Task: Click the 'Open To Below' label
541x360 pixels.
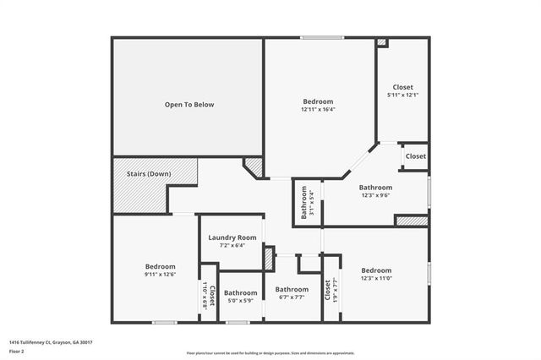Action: pyautogui.click(x=189, y=105)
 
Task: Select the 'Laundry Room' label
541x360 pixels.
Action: pyautogui.click(x=232, y=237)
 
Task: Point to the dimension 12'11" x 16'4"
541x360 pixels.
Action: pyautogui.click(x=319, y=109)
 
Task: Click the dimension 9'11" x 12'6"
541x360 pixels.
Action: pyautogui.click(x=160, y=274)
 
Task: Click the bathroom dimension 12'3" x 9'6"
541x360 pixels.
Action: pyautogui.click(x=375, y=195)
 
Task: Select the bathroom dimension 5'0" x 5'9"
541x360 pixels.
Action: pyautogui.click(x=240, y=301)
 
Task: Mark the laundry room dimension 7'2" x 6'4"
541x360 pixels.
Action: pyautogui.click(x=232, y=246)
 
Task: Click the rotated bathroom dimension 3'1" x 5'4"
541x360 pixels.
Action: pyautogui.click(x=312, y=203)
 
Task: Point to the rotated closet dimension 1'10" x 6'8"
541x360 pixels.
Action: pyautogui.click(x=205, y=297)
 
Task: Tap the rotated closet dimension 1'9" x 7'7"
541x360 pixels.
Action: pyautogui.click(x=336, y=292)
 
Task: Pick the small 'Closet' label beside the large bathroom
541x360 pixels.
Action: pyautogui.click(x=415, y=156)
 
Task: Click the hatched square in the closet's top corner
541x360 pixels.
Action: pyautogui.click(x=381, y=42)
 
